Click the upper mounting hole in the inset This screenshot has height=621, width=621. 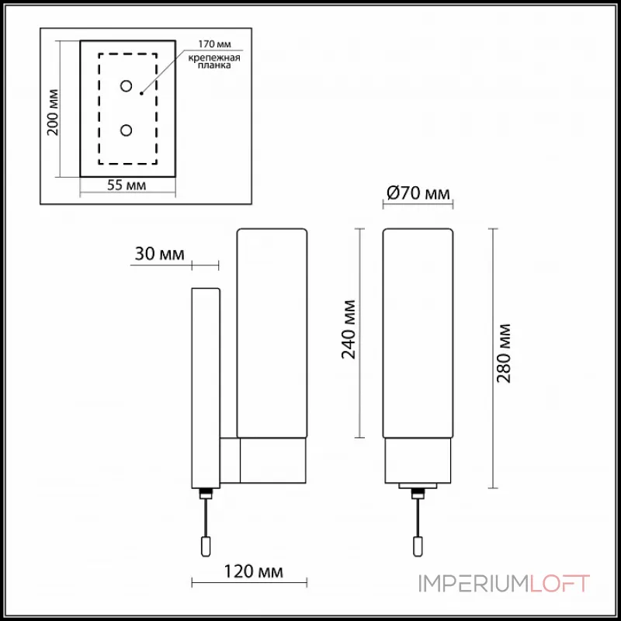[127, 85]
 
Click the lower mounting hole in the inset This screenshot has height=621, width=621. [127, 131]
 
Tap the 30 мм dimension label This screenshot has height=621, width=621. [159, 254]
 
